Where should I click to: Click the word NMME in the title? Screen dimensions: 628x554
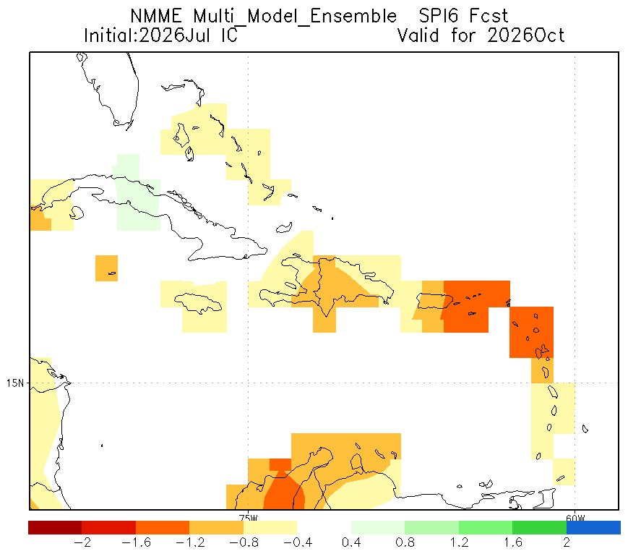[156, 17]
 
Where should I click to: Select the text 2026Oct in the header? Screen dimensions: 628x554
[526, 35]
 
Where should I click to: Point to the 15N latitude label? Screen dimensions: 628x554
[15, 383]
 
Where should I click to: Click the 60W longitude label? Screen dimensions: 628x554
[575, 518]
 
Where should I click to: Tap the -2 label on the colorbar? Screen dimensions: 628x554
[82, 542]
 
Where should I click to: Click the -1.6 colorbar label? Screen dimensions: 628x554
[136, 542]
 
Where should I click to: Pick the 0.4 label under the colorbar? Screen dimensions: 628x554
[351, 542]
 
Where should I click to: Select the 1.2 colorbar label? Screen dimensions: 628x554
[459, 542]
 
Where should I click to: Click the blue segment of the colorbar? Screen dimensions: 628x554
[593, 527]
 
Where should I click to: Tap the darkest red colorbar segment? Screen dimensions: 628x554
[55, 527]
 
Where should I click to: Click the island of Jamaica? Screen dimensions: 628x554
[198, 303]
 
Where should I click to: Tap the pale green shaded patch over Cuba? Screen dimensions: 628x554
[137, 197]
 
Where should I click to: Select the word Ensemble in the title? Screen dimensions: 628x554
[353, 17]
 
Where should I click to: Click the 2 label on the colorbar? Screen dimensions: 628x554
[567, 542]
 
